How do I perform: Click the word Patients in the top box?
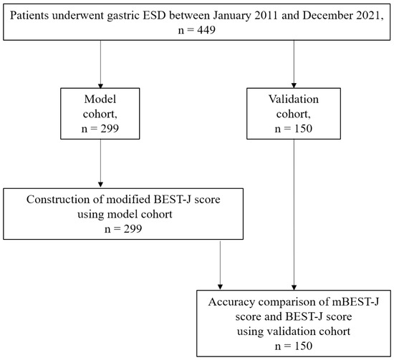pos(38,14)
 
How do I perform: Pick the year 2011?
pos(259,14)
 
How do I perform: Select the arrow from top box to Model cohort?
pos(99,64)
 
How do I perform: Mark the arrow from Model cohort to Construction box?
pos(99,165)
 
